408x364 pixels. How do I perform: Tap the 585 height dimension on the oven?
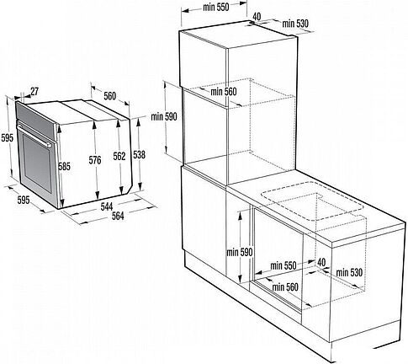[65, 167]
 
